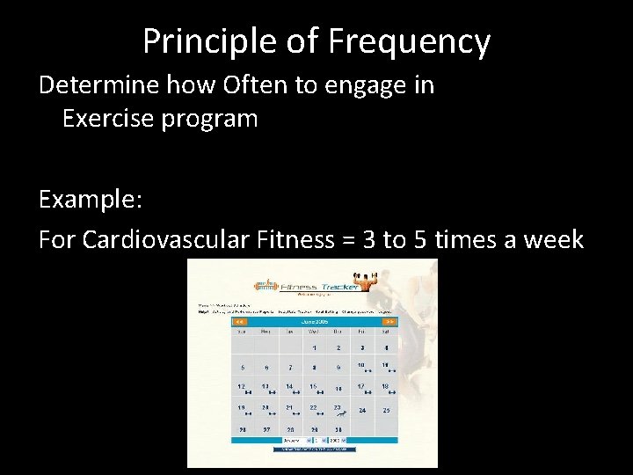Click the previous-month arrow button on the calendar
[x=238, y=322]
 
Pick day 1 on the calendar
[x=314, y=348]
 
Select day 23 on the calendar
[x=338, y=408]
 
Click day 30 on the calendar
[x=338, y=430]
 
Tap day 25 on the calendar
[x=386, y=410]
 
